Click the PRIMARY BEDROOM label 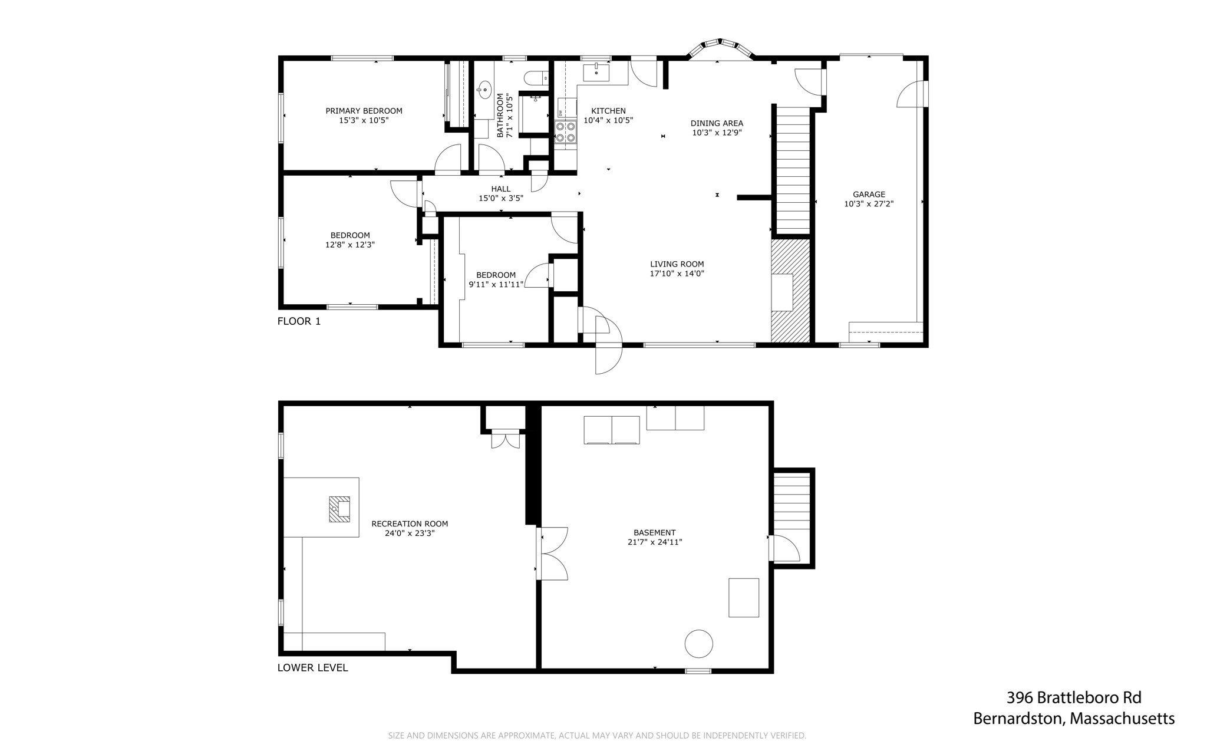coord(364,111)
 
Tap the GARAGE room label coord(869,195)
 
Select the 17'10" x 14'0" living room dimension coord(677,274)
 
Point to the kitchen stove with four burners coord(566,131)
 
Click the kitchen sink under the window coord(596,73)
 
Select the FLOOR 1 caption coord(299,321)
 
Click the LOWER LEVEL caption coord(312,668)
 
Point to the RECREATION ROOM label coord(410,523)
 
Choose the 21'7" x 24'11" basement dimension coord(655,542)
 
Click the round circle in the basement coord(698,644)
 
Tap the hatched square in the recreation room coord(339,509)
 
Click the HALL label coord(501,189)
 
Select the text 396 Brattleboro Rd coord(1074,698)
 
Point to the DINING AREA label coord(717,123)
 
